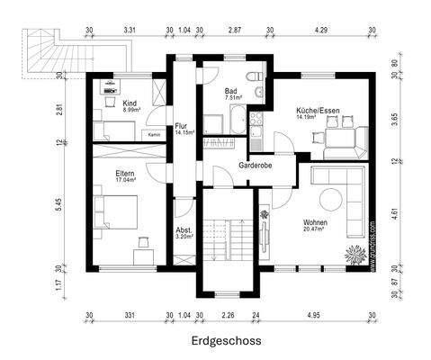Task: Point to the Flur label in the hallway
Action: click(181, 127)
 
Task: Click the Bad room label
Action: click(230, 92)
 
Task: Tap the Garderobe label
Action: click(255, 166)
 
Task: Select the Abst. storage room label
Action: click(183, 230)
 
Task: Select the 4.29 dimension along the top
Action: click(319, 31)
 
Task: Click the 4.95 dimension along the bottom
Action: click(313, 315)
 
